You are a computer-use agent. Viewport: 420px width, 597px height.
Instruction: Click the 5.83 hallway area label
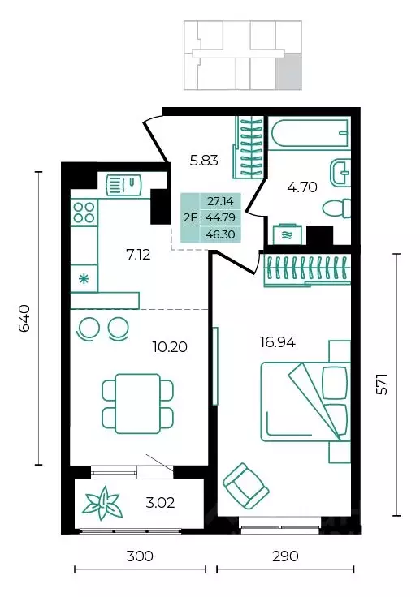point(204,161)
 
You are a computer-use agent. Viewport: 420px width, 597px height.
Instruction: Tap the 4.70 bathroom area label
point(302,187)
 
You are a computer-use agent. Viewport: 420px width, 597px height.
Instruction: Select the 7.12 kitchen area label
point(138,255)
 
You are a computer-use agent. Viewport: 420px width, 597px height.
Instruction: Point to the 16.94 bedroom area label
point(277,342)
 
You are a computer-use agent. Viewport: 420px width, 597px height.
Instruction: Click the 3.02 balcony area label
point(160,503)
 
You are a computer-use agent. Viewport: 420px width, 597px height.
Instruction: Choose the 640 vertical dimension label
point(24,318)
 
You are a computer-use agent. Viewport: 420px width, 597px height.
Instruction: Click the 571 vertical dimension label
point(382,384)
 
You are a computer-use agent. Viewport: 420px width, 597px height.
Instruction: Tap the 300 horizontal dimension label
point(140,556)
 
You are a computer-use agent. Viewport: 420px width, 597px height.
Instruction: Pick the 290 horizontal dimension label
point(285,556)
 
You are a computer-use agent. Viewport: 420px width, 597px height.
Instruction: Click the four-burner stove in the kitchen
point(84,213)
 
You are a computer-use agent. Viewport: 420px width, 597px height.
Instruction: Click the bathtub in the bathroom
point(310,133)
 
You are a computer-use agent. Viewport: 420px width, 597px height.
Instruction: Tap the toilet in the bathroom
point(336,208)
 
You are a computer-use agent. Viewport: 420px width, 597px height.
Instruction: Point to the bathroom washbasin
point(340,174)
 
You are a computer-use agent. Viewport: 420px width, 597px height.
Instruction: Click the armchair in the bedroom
point(246,485)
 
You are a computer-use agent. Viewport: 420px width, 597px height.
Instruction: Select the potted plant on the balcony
point(102,504)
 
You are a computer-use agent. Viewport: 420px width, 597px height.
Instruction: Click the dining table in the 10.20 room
point(138,403)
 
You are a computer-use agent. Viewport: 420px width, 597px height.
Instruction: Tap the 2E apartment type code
point(190,217)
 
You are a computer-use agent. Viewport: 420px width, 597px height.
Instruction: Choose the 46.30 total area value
point(220,234)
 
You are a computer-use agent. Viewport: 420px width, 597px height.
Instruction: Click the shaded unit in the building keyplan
point(288,71)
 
